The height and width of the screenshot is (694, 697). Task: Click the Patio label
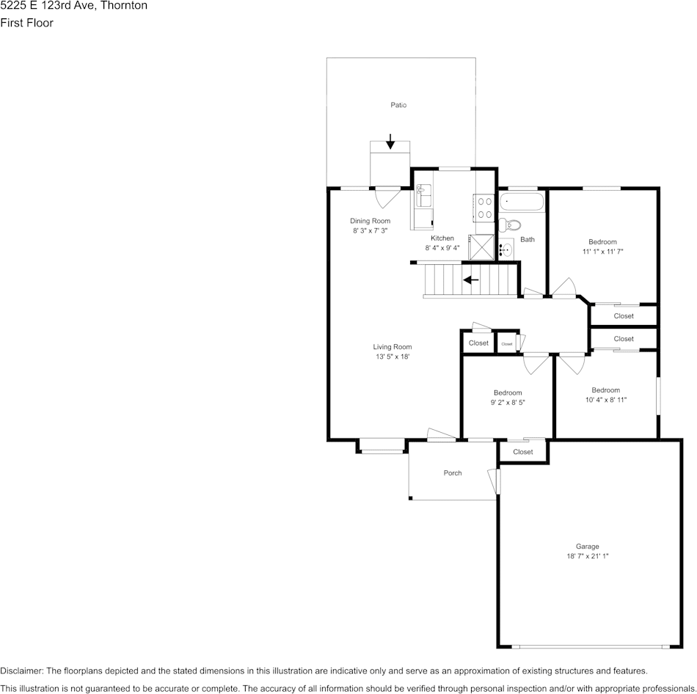[x=398, y=106]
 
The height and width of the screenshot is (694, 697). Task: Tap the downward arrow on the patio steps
[x=390, y=141]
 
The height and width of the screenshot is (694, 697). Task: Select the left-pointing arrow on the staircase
[x=470, y=280]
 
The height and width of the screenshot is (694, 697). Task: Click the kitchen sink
[x=423, y=196]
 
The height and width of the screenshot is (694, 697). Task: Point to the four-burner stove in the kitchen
[x=485, y=207]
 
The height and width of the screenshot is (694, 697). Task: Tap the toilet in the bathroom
[x=510, y=225]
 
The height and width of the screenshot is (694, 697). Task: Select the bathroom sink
[x=505, y=249]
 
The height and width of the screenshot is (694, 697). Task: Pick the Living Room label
[x=392, y=347]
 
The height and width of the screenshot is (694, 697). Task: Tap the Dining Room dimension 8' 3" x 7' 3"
[x=370, y=230]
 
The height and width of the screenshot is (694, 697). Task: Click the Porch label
[x=453, y=473]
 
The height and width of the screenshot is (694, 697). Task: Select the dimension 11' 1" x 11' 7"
[x=602, y=252]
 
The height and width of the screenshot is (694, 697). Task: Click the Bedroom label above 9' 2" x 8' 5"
[x=508, y=392]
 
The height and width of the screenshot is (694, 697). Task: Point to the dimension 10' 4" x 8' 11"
[x=605, y=400]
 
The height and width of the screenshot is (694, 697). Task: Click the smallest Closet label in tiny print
[x=507, y=343]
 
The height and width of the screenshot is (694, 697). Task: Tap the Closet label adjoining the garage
[x=523, y=452]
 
